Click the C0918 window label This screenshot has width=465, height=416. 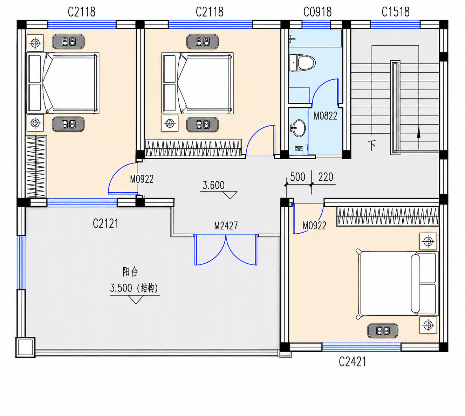[x=317, y=12]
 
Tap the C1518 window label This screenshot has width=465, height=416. [x=395, y=12]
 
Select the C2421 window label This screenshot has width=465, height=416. [x=352, y=361]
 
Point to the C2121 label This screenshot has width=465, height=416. [x=105, y=223]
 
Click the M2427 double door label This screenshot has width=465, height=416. [x=226, y=226]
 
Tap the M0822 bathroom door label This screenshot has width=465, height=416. [x=325, y=116]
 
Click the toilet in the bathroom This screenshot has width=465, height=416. [x=302, y=63]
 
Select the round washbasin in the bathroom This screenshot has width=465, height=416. [x=298, y=128]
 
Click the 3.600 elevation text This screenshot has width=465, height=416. [x=213, y=185]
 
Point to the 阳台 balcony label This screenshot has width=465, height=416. [x=130, y=272]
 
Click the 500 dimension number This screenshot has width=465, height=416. [x=298, y=177]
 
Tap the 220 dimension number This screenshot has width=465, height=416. [x=326, y=177]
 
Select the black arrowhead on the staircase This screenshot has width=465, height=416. [x=419, y=133]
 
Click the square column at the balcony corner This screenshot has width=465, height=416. [x=26, y=347]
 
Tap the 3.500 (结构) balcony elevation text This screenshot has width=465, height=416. [x=134, y=288]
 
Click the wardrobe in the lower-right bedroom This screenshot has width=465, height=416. [x=388, y=217]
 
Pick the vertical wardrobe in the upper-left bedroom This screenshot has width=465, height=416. [x=36, y=167]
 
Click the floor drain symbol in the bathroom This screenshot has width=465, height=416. [x=299, y=148]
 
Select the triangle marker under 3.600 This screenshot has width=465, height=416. [x=230, y=195]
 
